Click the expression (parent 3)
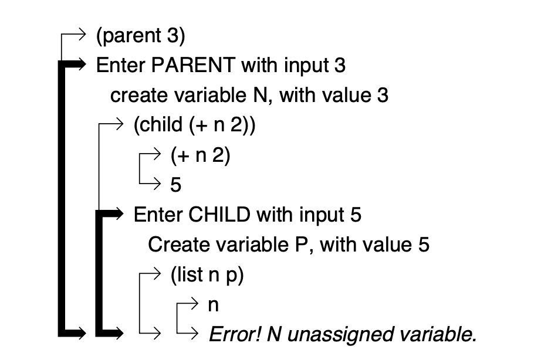coord(140,36)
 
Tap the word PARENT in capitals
coord(193,65)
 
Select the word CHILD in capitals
coord(219,215)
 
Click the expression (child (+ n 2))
coord(195,125)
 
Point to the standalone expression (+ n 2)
coord(200,155)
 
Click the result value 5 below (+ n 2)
coord(176,185)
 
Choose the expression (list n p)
coord(207,275)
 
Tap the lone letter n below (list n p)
coord(213,305)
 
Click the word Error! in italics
coord(235,334)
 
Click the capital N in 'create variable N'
coord(260,96)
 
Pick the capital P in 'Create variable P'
coord(300,244)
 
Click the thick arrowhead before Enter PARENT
coord(81,64)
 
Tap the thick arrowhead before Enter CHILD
coord(119,213)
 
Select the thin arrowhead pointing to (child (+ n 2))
coord(119,124)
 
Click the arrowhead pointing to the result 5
coord(157,184)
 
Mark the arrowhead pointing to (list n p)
coord(157,273)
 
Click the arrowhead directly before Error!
coord(194,333)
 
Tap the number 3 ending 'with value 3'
coord(383,96)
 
